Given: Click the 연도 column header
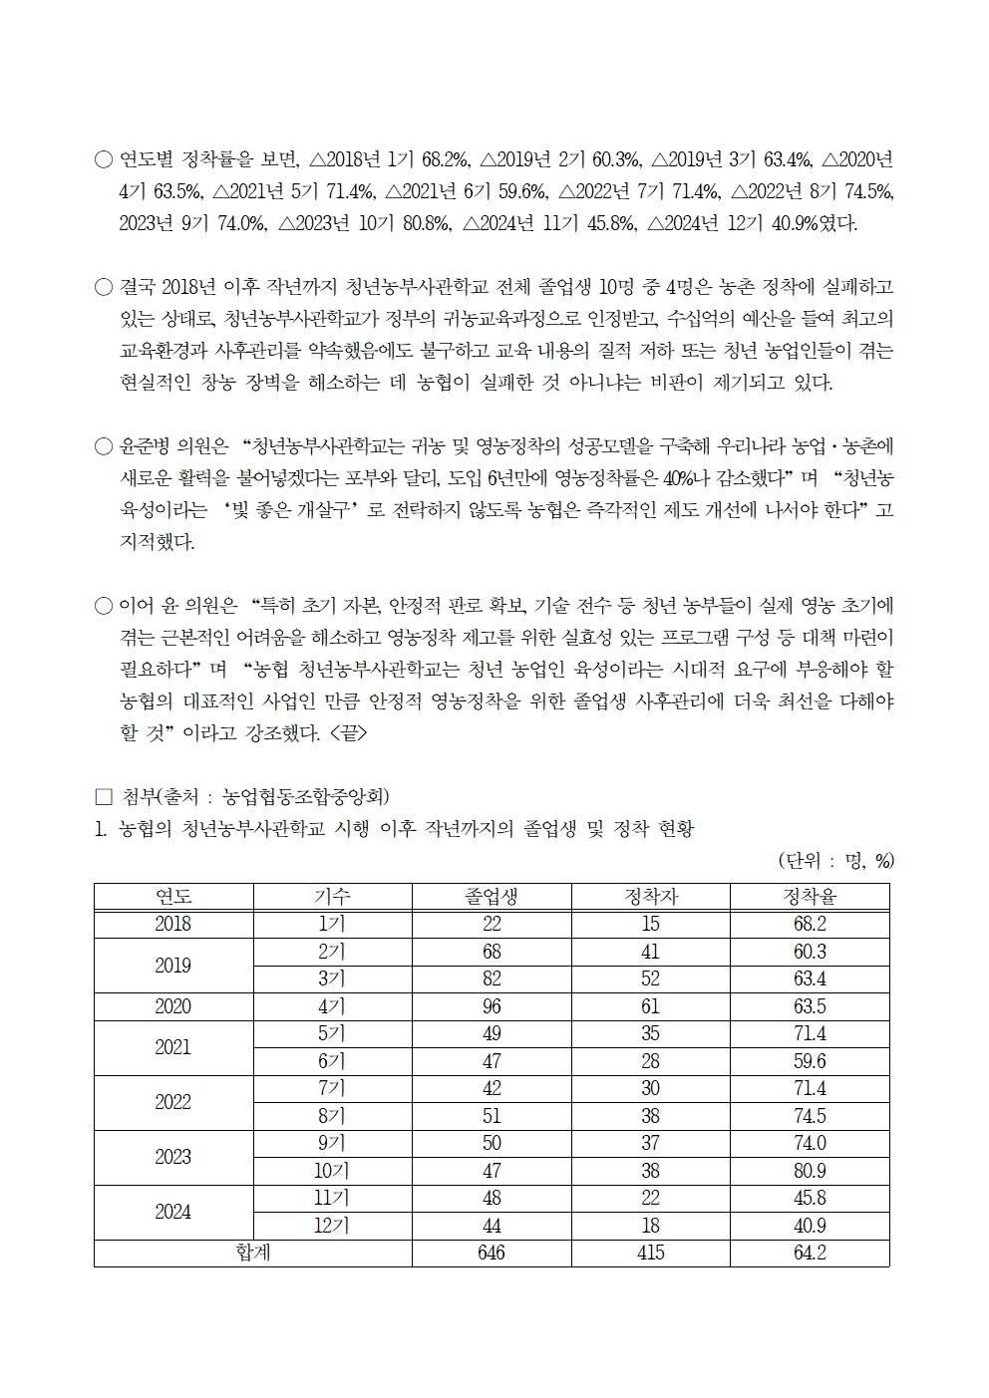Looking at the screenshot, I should (x=173, y=896).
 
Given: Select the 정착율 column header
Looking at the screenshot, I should (x=810, y=896).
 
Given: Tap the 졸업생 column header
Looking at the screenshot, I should (x=492, y=896).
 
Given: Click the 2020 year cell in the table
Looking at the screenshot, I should (x=173, y=1006).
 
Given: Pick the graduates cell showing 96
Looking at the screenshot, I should (x=492, y=1006).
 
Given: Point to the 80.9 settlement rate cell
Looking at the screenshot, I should (x=810, y=1171).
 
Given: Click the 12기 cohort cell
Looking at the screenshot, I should (x=332, y=1226).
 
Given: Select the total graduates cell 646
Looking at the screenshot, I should (x=492, y=1253).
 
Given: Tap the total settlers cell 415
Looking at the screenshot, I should (x=650, y=1253).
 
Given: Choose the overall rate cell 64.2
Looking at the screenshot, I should (x=810, y=1253).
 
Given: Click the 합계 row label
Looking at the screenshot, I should (x=253, y=1253).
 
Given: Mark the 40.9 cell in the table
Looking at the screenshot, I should (x=810, y=1226).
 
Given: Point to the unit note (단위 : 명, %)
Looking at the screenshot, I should (x=834, y=861).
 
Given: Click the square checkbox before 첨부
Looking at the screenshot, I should (x=103, y=797).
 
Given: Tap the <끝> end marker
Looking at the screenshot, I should (x=348, y=734).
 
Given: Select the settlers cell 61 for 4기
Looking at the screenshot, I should (x=650, y=1006).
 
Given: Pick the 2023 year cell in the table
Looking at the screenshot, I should (x=173, y=1157).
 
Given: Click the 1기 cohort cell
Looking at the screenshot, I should (x=332, y=924).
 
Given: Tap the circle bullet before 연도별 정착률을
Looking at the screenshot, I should (x=103, y=159).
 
